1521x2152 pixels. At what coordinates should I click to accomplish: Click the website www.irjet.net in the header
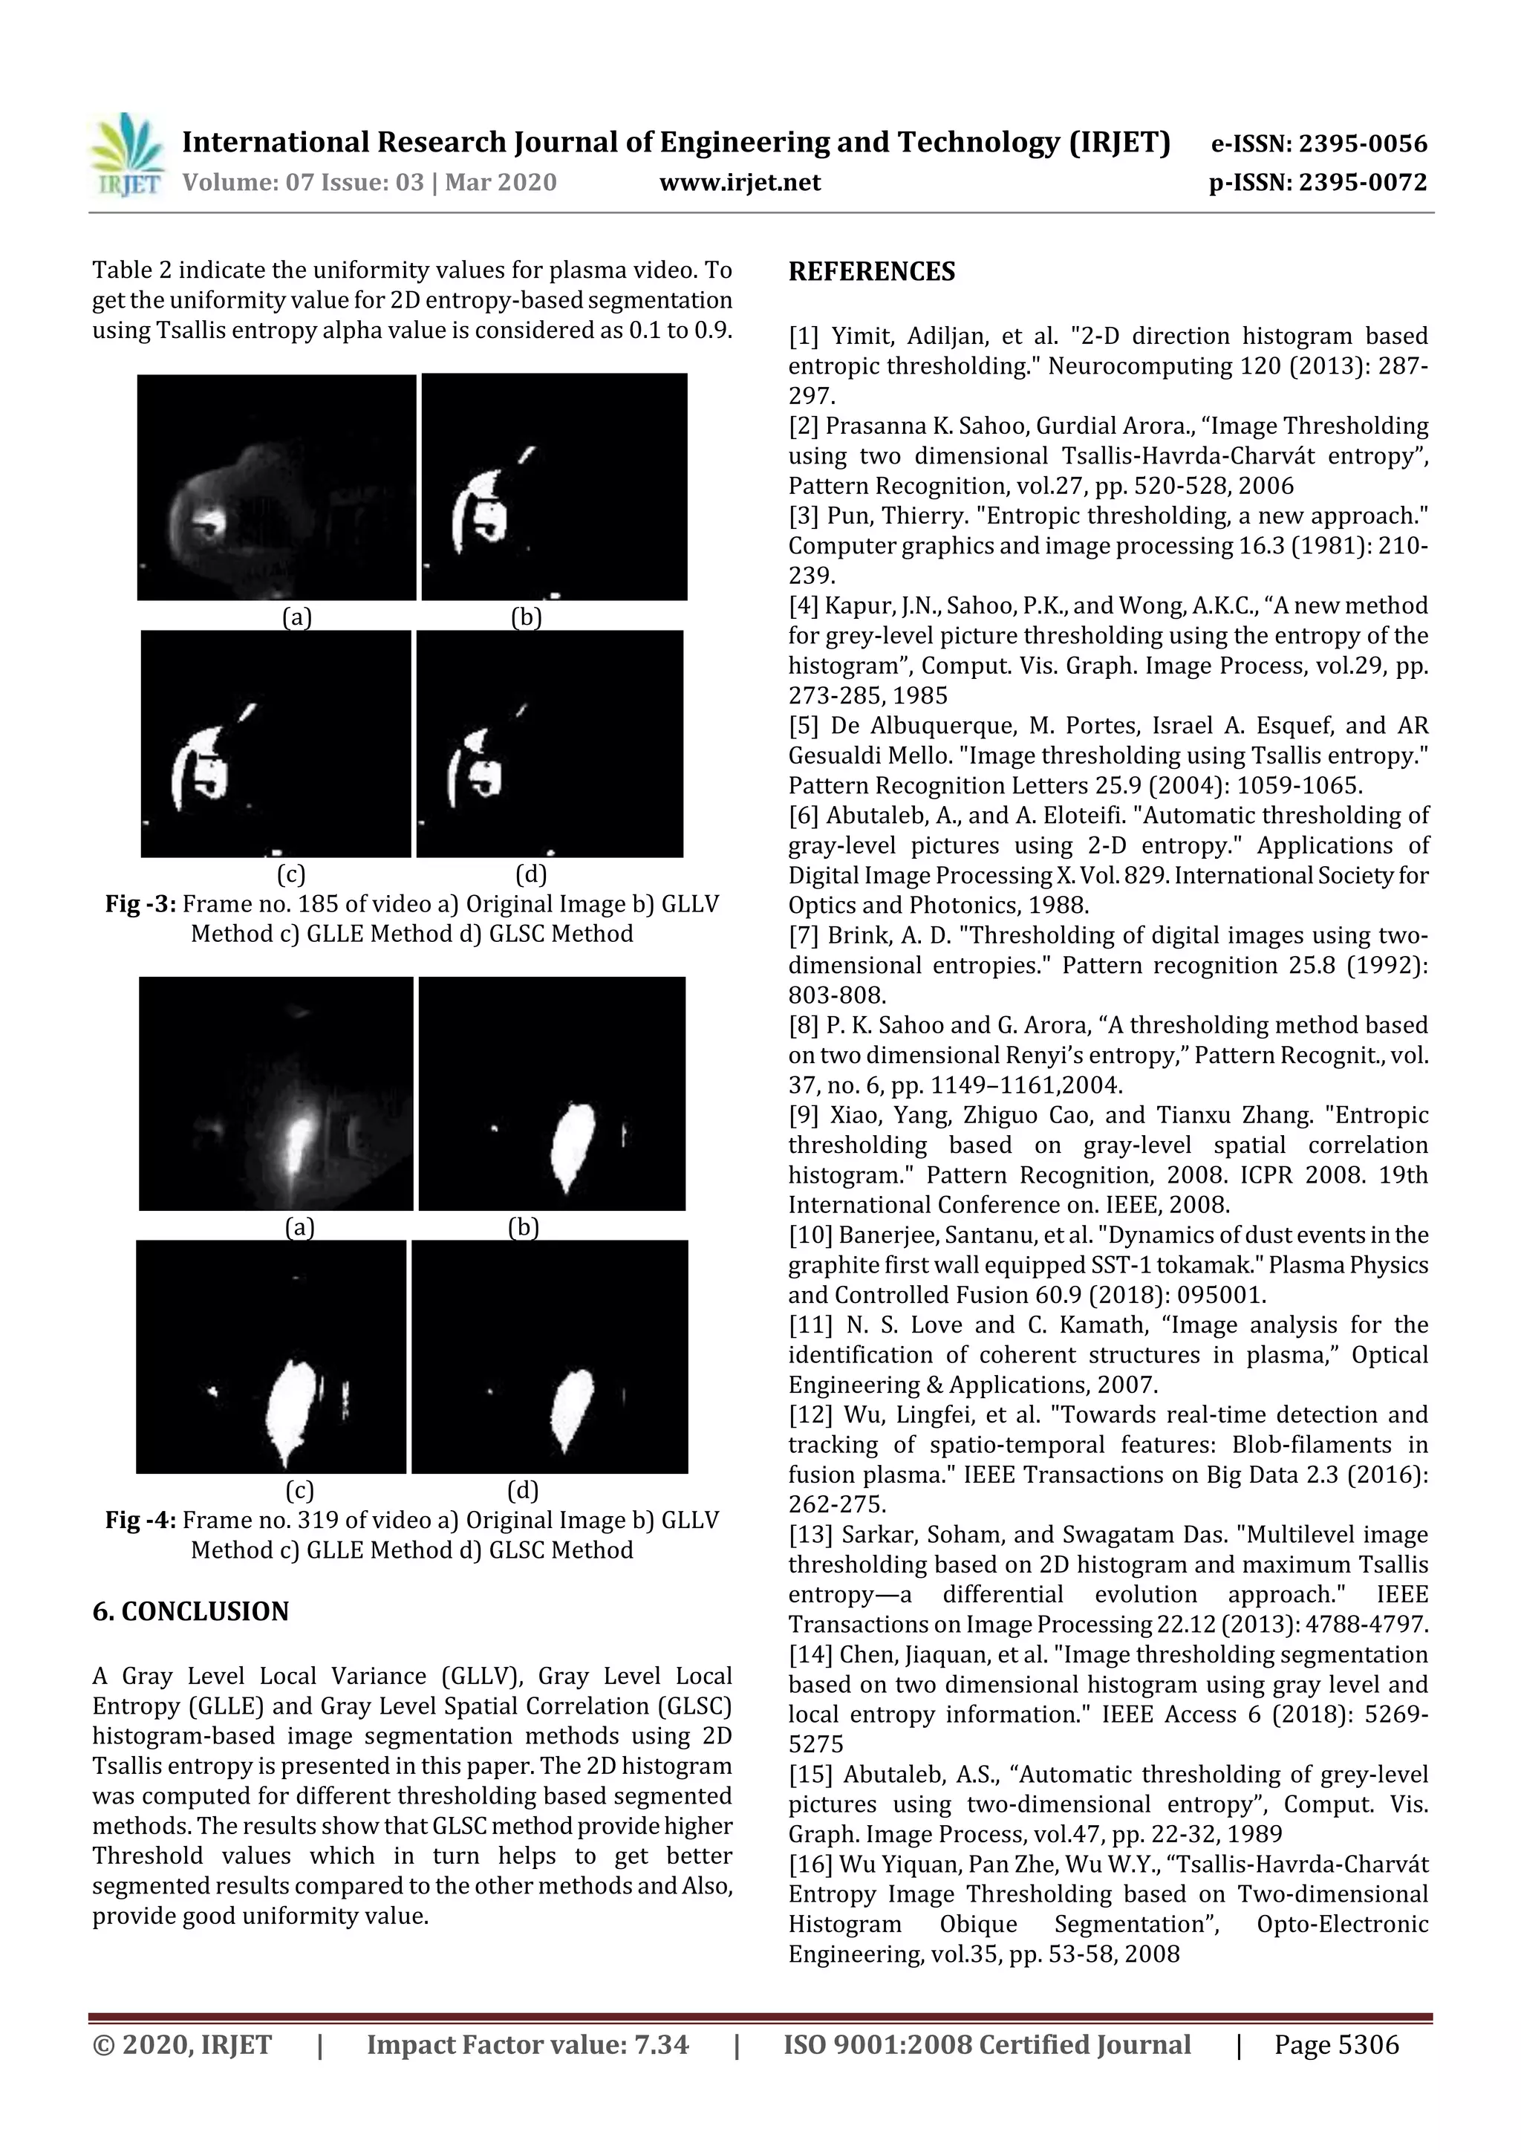[740, 183]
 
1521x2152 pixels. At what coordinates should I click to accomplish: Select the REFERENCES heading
[872, 272]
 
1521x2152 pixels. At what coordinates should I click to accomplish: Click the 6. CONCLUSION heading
[190, 1611]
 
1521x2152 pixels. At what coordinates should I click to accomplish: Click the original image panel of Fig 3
[276, 487]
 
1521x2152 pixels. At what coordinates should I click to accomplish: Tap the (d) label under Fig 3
[531, 874]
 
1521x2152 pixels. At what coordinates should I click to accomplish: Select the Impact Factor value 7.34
[662, 2045]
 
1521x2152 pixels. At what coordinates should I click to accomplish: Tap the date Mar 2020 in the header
[501, 183]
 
